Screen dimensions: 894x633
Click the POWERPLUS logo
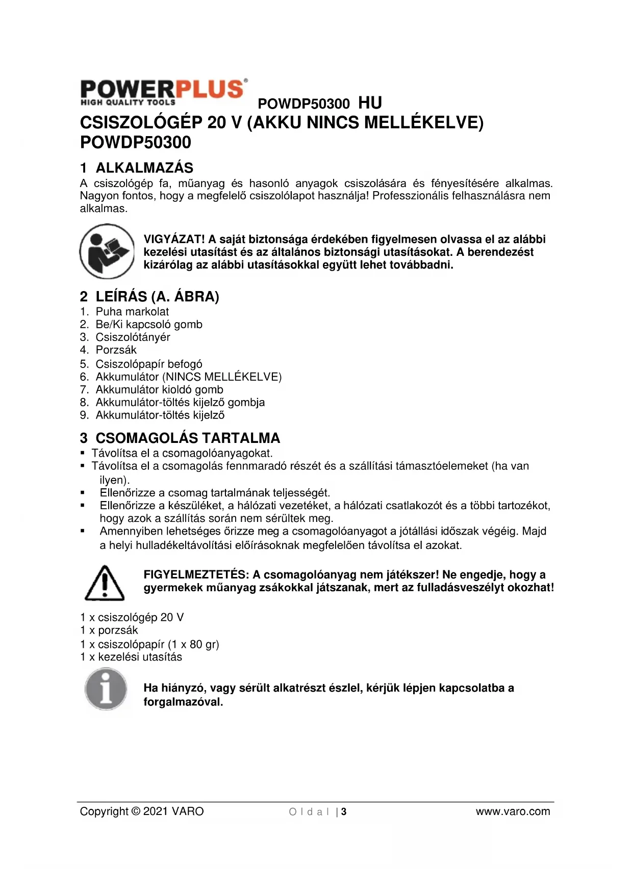[163, 92]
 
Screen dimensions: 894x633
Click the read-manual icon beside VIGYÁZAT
[107, 252]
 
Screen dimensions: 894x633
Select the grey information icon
[106, 689]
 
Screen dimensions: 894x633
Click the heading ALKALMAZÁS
[144, 168]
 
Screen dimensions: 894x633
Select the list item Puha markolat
[132, 311]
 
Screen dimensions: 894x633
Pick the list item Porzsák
[116, 350]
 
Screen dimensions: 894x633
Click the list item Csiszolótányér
[133, 337]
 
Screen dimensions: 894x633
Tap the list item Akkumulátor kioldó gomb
[159, 389]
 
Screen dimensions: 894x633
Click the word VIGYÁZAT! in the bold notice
[174, 239]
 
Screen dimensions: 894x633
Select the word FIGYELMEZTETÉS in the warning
[195, 574]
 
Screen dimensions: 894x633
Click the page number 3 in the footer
[344, 812]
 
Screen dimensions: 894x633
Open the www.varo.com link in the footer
[513, 811]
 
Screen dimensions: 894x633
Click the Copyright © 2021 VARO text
[142, 811]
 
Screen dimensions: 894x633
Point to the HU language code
[370, 103]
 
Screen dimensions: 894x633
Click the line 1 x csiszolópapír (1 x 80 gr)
[149, 644]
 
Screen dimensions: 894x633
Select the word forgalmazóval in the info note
[183, 702]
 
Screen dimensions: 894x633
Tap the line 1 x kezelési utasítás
[131, 657]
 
